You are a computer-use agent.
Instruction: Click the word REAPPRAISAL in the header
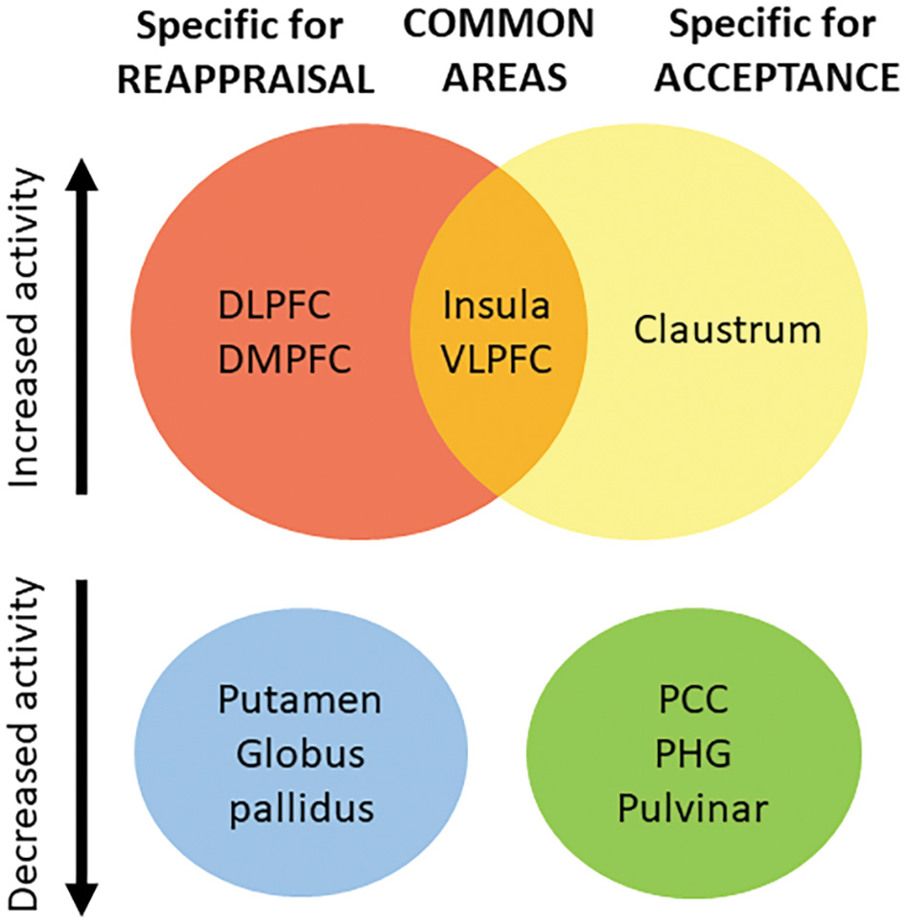244,80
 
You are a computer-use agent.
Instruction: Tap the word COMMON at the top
498,25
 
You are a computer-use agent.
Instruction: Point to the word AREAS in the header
498,80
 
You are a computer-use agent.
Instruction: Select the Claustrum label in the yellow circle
729,332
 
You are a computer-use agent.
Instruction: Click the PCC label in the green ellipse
692,700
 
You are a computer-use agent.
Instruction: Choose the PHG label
692,754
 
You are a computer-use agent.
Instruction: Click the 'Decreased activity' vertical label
29,744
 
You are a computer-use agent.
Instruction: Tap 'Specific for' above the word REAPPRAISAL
244,25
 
